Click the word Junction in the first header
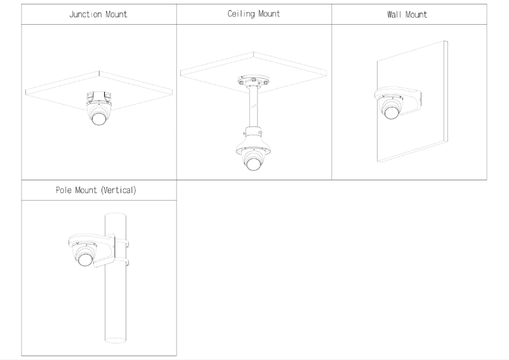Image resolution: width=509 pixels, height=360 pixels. [x=86, y=15]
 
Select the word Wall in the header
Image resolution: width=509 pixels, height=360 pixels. [x=393, y=15]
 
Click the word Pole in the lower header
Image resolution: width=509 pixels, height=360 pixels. [x=63, y=190]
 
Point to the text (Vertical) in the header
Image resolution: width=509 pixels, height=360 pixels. [x=119, y=190]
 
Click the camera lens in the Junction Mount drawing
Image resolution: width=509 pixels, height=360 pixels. [x=98, y=119]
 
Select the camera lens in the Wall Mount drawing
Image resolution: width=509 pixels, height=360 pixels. [x=391, y=113]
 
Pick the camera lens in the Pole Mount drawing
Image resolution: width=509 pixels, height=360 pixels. [x=85, y=260]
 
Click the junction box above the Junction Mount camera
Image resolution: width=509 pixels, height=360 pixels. [x=98, y=97]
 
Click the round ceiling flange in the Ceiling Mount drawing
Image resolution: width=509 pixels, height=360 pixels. [x=253, y=80]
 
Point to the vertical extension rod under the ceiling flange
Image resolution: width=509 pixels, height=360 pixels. [x=253, y=107]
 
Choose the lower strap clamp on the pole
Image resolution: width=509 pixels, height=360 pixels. [x=122, y=262]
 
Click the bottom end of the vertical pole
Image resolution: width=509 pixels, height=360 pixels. [x=116, y=340]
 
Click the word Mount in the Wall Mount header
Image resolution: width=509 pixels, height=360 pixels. [x=416, y=15]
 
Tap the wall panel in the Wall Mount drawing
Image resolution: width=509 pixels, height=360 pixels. [x=413, y=137]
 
